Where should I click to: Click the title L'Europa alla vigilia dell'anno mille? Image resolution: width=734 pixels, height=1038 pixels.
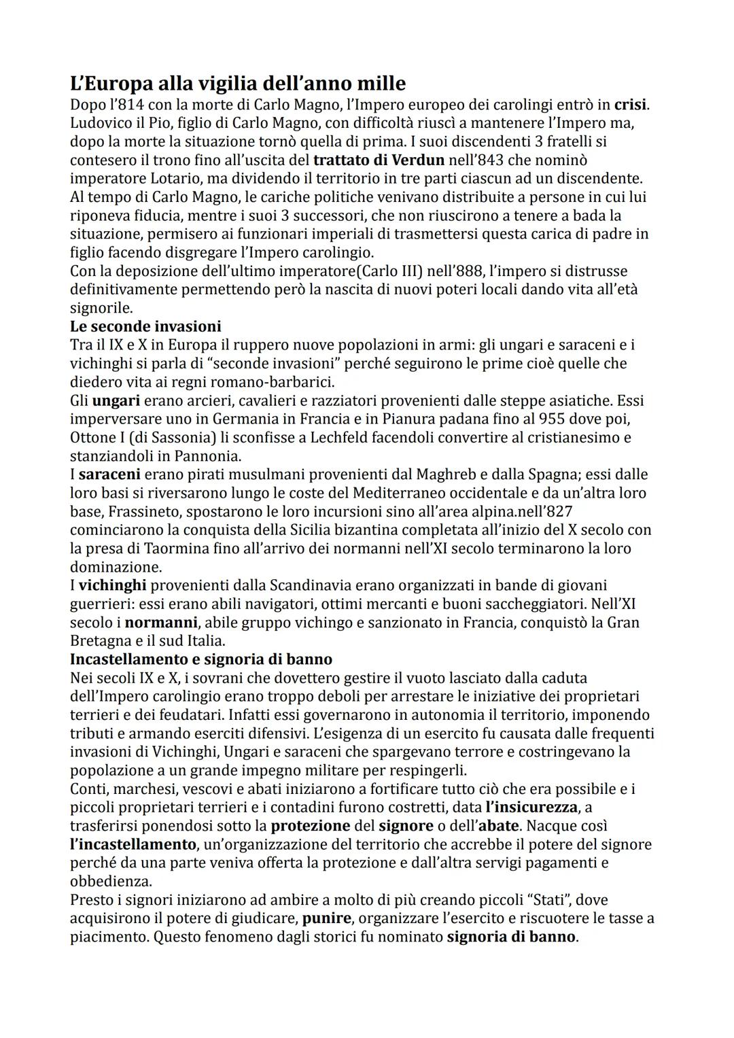[238, 84]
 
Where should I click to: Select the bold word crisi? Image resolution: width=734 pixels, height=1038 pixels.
[631, 105]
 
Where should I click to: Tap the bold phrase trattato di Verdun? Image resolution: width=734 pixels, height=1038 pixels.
[379, 160]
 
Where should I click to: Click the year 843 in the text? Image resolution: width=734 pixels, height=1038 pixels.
[527, 160]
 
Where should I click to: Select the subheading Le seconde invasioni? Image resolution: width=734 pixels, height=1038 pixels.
[145, 326]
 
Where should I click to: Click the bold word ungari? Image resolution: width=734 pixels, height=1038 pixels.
[116, 400]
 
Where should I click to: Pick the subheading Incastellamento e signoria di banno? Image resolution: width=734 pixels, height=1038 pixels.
[201, 659]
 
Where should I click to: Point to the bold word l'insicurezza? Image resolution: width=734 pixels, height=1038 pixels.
[531, 807]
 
